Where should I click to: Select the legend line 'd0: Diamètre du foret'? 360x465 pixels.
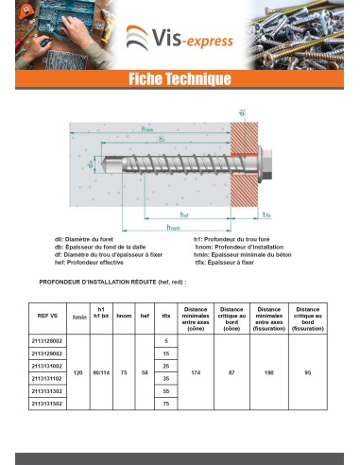click(89, 242)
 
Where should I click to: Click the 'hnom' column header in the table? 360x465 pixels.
click(123, 317)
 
